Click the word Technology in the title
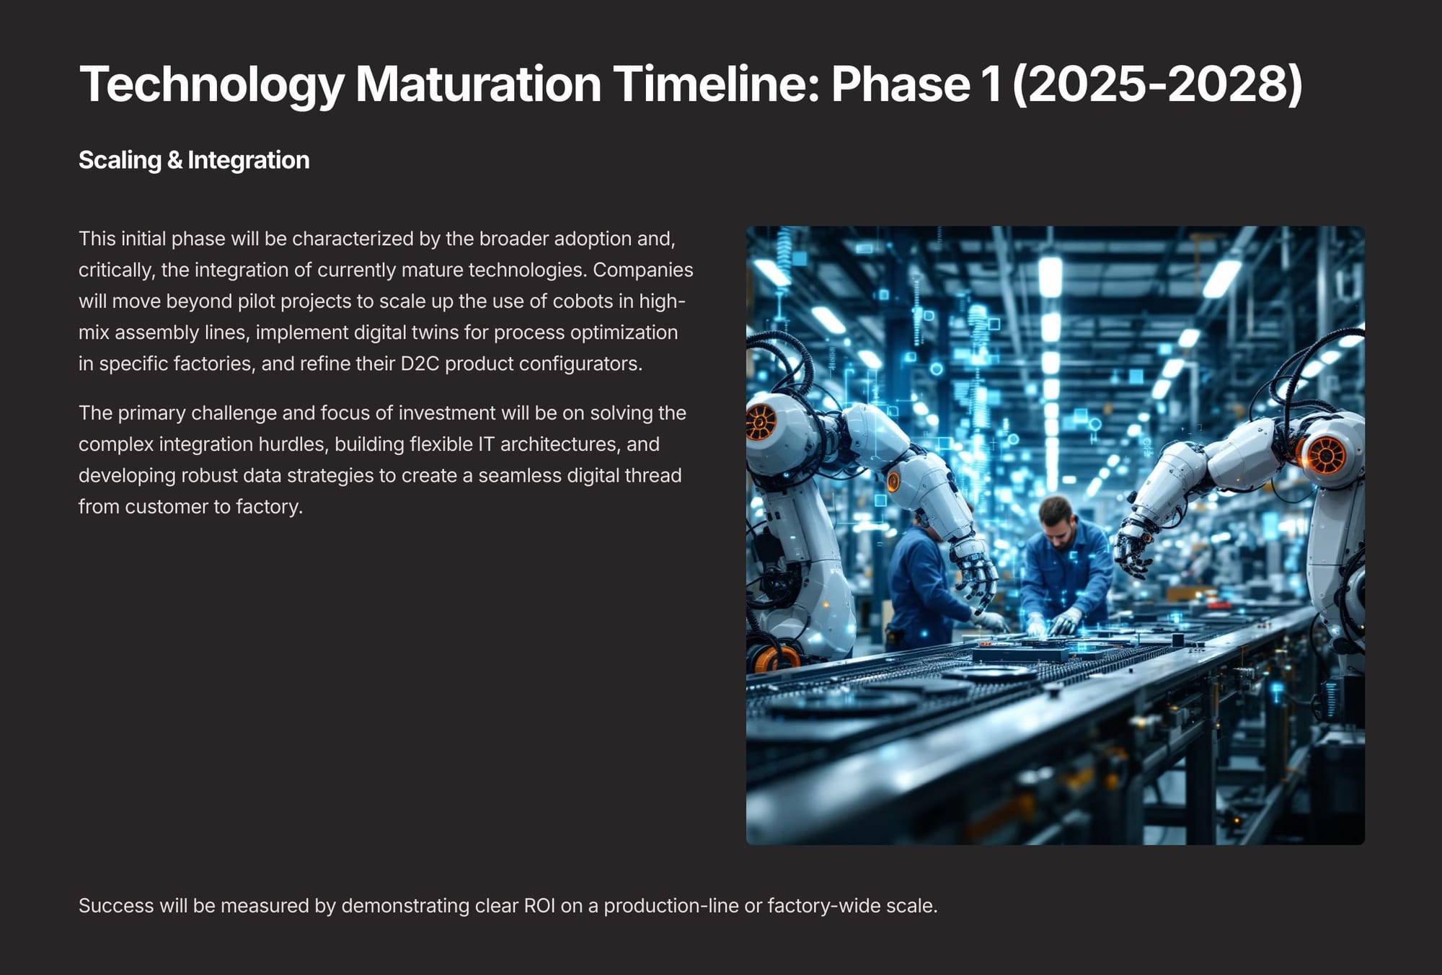pyautogui.click(x=212, y=85)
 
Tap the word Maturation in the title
pyautogui.click(x=479, y=84)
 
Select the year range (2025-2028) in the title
pyautogui.click(x=1157, y=84)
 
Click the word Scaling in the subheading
pyautogui.click(x=120, y=160)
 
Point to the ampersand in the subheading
pyautogui.click(x=174, y=160)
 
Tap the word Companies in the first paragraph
pyautogui.click(x=643, y=270)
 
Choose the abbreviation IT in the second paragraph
pyautogui.click(x=487, y=444)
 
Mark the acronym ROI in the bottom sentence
pyautogui.click(x=539, y=906)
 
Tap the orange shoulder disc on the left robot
pyautogui.click(x=760, y=422)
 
